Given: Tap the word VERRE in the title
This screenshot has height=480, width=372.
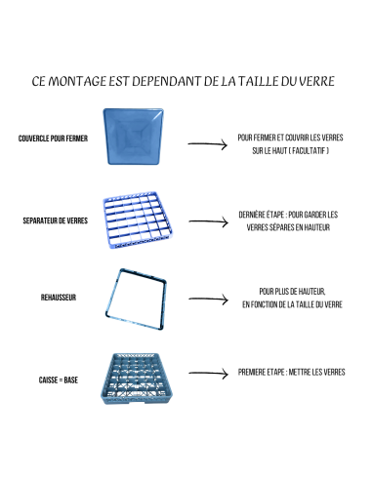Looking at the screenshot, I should (314, 81).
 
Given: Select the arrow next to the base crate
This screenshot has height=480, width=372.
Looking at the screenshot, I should (207, 374).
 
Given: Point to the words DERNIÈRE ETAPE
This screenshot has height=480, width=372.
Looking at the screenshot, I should (262, 214).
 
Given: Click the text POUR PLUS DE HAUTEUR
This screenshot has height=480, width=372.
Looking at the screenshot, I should (292, 291).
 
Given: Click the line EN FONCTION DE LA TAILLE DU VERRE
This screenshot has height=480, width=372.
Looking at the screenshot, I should (292, 304).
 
